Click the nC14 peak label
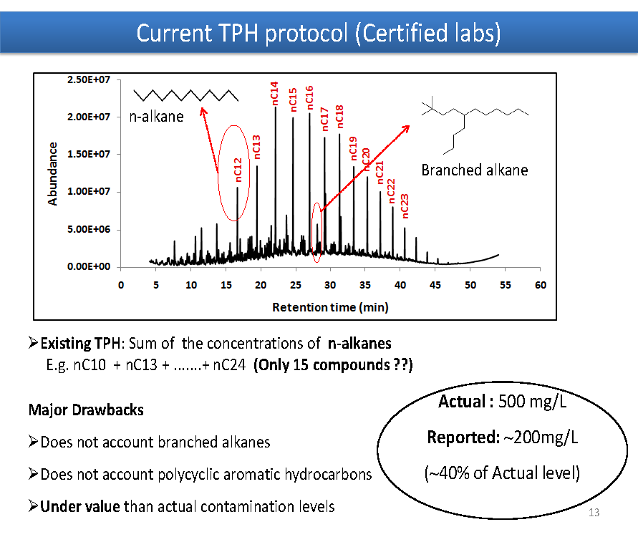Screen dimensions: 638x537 coord(275,93)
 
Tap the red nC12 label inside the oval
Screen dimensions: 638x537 coord(238,170)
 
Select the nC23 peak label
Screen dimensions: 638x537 coord(405,206)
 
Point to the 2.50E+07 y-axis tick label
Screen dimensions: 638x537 coord(89,79)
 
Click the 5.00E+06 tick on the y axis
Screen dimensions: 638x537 coord(89,229)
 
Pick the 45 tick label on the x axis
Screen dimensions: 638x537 coord(435,285)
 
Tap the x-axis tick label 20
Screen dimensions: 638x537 coord(261,285)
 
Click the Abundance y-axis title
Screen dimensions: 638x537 coord(52,174)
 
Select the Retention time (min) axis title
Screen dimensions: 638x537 coord(330,307)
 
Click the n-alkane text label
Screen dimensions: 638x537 coord(157,117)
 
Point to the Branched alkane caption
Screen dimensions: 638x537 coord(475,170)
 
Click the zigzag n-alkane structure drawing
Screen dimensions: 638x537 coord(186,95)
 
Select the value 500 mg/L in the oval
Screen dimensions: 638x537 coord(532,402)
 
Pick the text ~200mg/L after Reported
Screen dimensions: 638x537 coord(541,437)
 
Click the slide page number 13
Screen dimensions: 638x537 coord(594,513)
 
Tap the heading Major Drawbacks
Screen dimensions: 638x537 coord(86,410)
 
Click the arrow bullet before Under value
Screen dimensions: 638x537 coord(34,506)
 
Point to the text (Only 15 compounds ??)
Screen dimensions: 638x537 coord(333,365)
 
